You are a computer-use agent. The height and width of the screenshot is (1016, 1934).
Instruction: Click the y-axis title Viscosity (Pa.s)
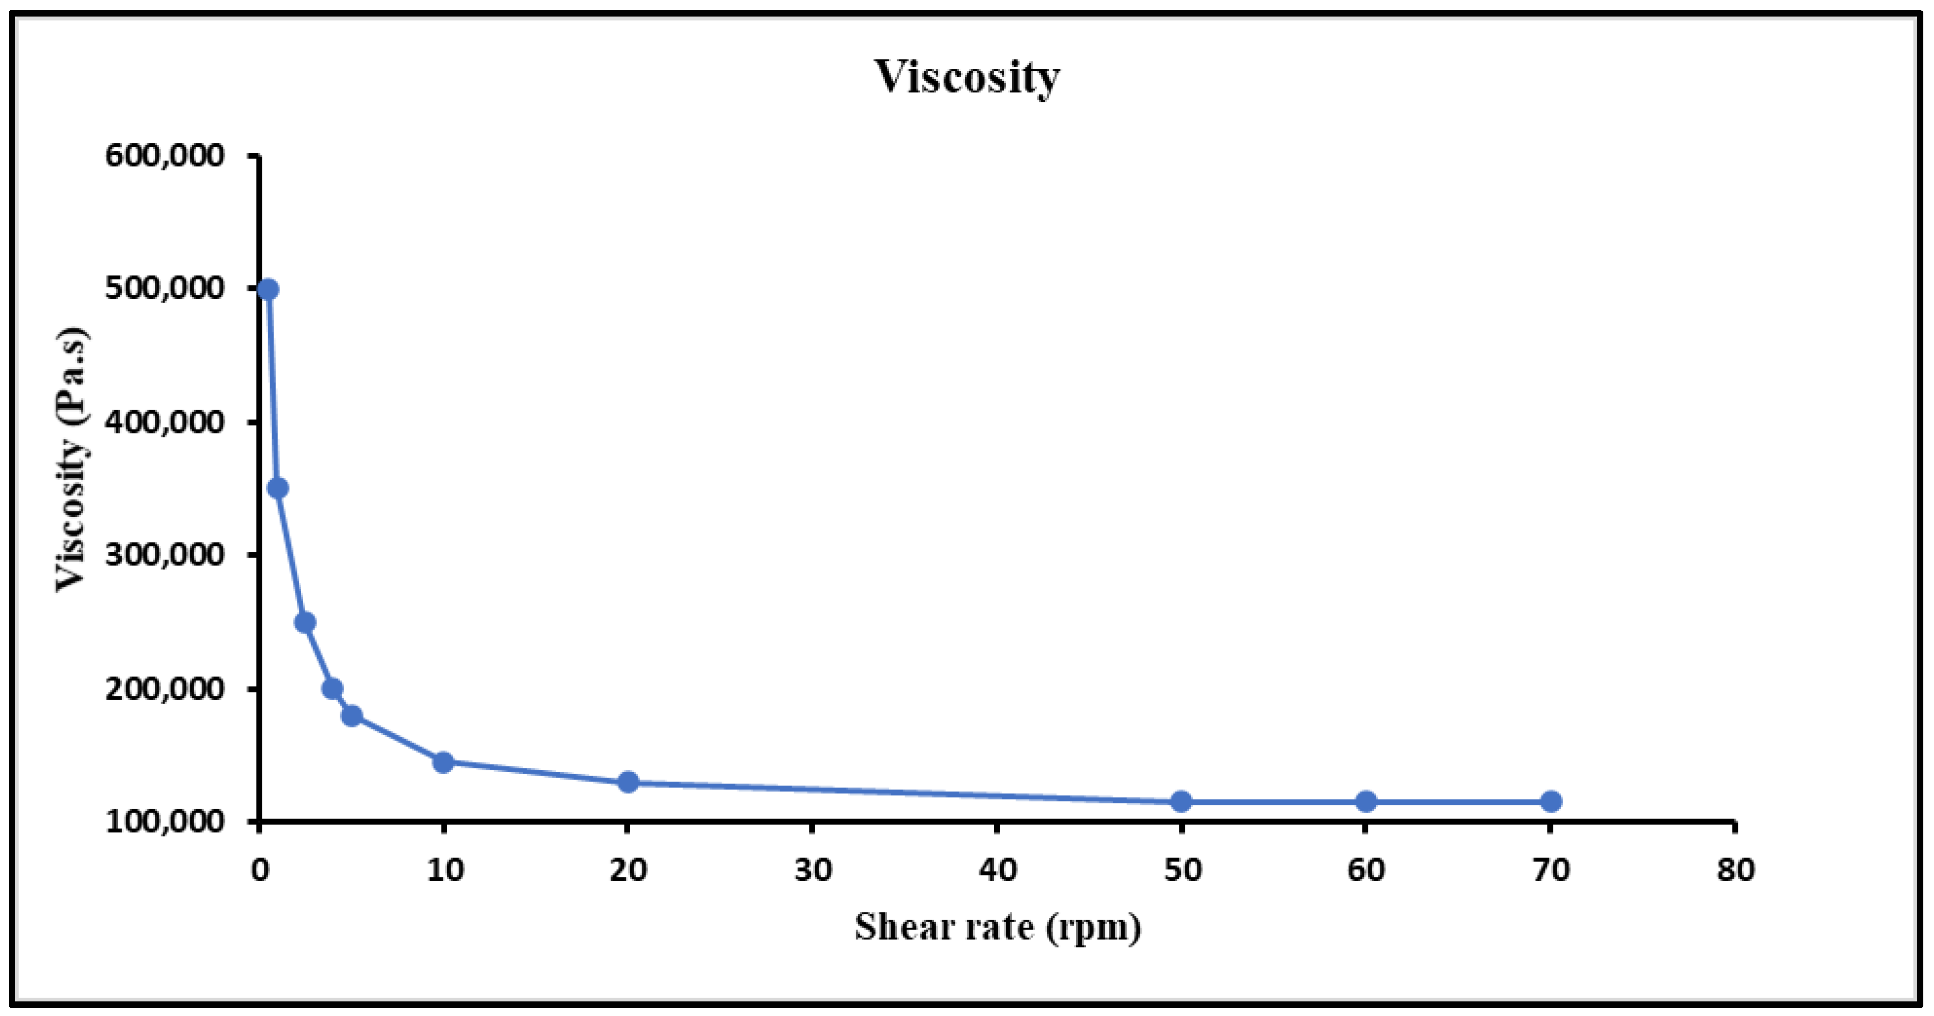pos(73,459)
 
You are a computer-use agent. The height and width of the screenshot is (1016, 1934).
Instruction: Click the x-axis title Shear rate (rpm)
pos(997,927)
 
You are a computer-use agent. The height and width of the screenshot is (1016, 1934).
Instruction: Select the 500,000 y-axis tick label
pos(164,289)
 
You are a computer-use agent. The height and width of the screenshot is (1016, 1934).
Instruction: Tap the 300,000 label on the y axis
pos(164,555)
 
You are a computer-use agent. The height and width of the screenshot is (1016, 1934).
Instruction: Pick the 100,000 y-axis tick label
pos(164,821)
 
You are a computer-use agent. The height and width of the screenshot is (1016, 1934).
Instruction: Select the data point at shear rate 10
pos(443,762)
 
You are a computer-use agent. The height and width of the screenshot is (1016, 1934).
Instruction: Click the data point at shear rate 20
pos(628,782)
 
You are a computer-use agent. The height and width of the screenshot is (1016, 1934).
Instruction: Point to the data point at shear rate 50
pos(1181,802)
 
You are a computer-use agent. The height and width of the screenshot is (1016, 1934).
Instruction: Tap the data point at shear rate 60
pos(1366,801)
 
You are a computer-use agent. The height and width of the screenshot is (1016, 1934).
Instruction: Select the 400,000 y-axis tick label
pos(164,422)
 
